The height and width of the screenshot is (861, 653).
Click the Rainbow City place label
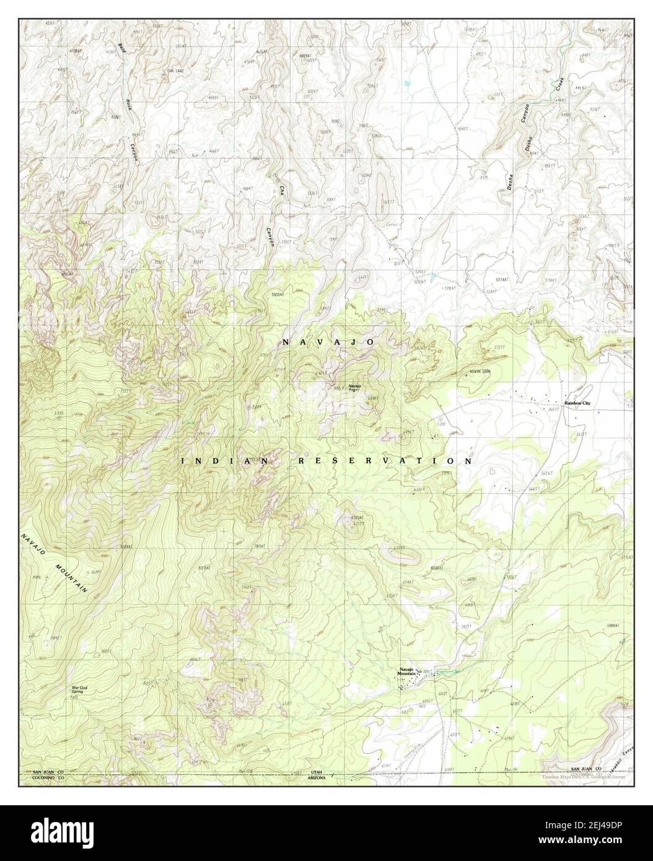click(577, 403)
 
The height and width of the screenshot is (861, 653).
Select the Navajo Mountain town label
click(406, 672)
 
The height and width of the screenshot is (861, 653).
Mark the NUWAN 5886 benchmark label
click(480, 372)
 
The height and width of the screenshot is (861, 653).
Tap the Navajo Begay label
click(354, 387)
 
